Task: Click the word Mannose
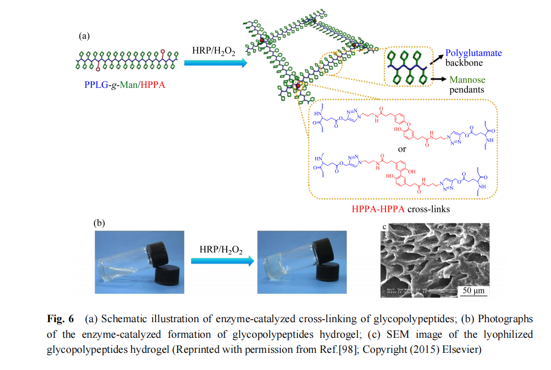tap(467, 80)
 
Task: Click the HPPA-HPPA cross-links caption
tap(401, 209)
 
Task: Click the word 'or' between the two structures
tap(402, 149)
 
